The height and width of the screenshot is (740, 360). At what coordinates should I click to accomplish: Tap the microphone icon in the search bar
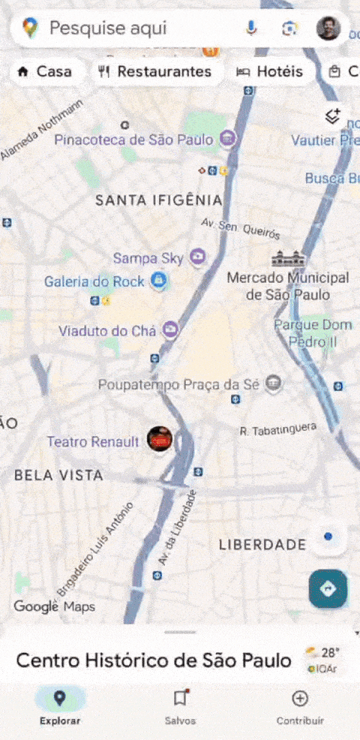251,29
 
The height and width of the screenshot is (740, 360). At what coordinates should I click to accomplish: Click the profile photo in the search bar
328,29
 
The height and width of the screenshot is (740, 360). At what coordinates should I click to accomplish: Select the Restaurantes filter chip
156,71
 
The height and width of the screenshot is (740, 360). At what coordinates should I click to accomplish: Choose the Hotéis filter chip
270,71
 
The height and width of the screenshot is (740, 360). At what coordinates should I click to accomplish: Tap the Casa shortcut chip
45,71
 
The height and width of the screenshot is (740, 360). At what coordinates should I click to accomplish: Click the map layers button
333,116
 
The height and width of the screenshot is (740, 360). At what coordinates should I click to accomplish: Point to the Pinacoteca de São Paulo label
135,140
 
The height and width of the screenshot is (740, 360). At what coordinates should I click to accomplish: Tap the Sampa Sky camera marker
197,257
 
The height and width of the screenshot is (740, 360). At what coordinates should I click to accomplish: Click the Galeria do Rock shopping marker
158,281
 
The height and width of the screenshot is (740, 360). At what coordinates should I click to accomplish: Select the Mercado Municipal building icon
289,259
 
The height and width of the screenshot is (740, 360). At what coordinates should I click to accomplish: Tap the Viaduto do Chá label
107,330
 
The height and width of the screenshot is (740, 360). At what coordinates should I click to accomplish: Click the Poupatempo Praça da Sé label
178,384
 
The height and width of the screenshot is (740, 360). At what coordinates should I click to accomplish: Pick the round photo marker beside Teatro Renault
160,440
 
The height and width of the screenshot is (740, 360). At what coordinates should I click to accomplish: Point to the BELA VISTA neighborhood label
58,475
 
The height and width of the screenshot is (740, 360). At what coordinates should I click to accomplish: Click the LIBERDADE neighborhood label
262,544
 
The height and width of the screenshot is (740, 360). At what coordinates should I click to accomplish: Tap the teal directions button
328,589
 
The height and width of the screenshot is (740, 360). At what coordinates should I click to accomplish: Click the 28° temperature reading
331,652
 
